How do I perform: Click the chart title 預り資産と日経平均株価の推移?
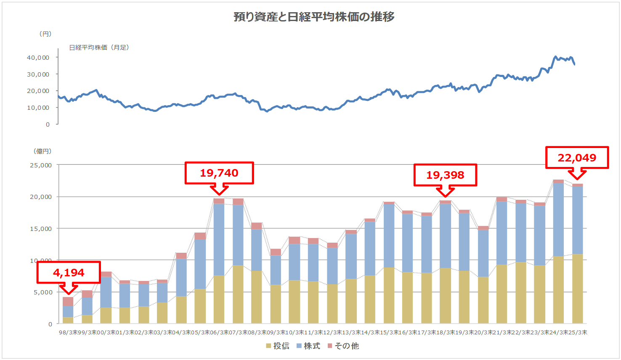[x=314, y=17]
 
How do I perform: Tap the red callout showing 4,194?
[x=69, y=273]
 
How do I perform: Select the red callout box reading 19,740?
[x=219, y=173]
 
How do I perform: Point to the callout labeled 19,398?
[x=445, y=175]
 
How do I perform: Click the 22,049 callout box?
[x=577, y=158]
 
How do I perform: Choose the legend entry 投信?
[x=278, y=346]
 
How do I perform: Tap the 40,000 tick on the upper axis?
[x=38, y=58]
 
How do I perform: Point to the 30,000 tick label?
[x=38, y=74]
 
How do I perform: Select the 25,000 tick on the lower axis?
[x=41, y=165]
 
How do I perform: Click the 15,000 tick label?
[x=41, y=229]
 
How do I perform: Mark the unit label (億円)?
[x=42, y=151]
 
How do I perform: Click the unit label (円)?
[x=45, y=34]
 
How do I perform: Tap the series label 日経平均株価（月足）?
[x=99, y=48]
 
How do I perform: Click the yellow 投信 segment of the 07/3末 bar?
[x=238, y=294]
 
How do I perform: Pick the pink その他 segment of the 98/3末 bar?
[x=68, y=301]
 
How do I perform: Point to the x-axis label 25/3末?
[x=577, y=332]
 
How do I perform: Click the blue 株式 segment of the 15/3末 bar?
[x=389, y=236]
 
